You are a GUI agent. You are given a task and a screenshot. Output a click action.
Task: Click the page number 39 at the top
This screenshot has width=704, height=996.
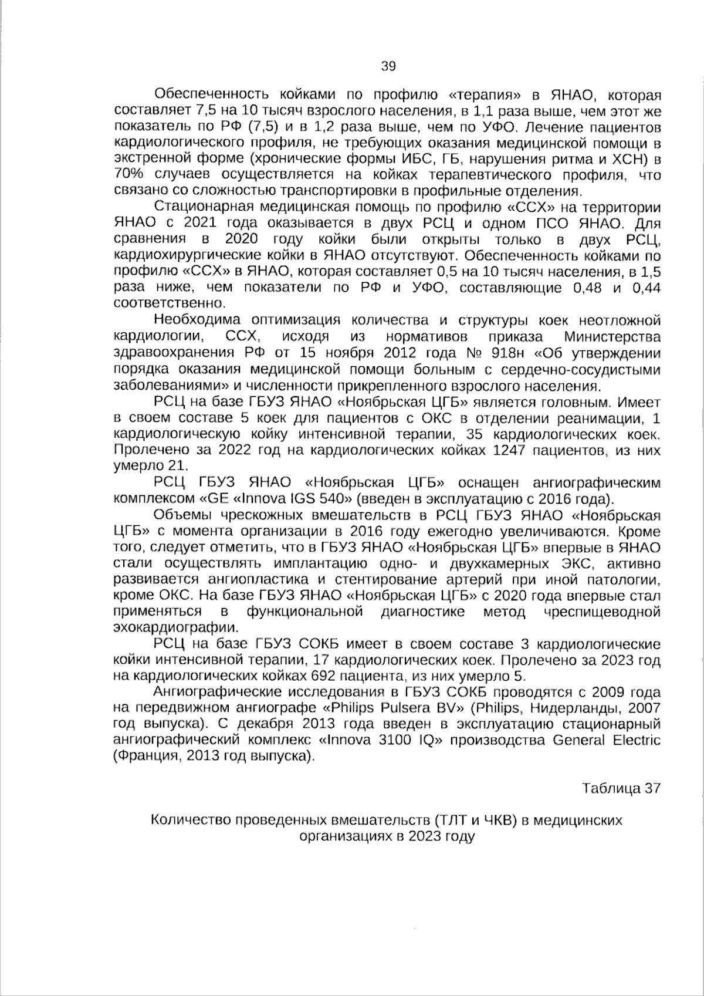pos(388,66)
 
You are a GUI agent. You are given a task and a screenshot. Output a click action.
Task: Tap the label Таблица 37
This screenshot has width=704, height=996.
pos(621,788)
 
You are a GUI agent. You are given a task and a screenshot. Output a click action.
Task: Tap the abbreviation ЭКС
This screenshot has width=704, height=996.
pos(566,563)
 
